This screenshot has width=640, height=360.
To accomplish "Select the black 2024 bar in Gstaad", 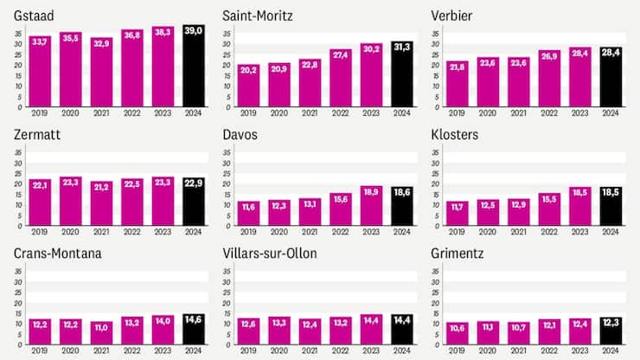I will point(193,67).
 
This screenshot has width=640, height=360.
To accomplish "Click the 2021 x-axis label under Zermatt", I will point(100,231).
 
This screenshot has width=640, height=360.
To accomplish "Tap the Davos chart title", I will point(241,135).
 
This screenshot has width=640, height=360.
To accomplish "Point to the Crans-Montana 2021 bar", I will point(101,333).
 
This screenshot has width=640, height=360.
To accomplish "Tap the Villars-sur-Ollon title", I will point(270,254).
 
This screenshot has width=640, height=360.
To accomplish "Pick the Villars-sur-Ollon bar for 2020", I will point(278,330).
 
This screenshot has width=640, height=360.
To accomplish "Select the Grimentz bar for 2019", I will point(458,333).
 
